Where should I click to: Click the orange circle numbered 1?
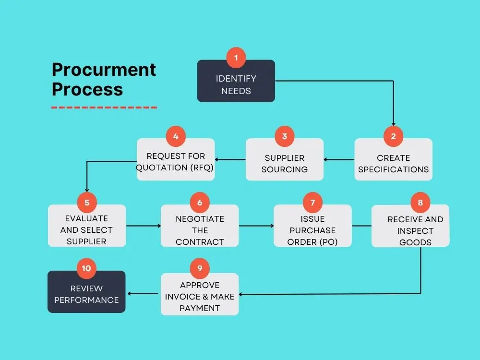(x=236, y=58)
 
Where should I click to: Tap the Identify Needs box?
(x=236, y=84)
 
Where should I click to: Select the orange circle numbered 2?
(x=393, y=136)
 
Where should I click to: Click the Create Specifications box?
(x=393, y=163)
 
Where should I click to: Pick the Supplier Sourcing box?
(x=285, y=163)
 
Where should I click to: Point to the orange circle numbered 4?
(x=176, y=136)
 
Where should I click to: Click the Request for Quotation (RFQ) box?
(x=176, y=162)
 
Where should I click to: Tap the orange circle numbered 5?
(x=87, y=203)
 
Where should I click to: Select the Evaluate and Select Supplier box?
(x=87, y=230)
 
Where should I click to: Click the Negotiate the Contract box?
(x=200, y=230)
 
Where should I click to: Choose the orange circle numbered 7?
(x=312, y=203)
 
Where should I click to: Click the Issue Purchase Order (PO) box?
(x=312, y=230)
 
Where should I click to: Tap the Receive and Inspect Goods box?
(x=415, y=230)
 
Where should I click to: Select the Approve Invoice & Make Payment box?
(x=200, y=297)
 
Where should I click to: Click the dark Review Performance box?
(x=86, y=294)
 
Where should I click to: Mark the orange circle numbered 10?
(x=86, y=268)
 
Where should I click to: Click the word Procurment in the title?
(x=104, y=70)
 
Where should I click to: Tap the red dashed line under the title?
(x=104, y=107)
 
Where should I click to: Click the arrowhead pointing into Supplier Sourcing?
(x=326, y=159)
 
